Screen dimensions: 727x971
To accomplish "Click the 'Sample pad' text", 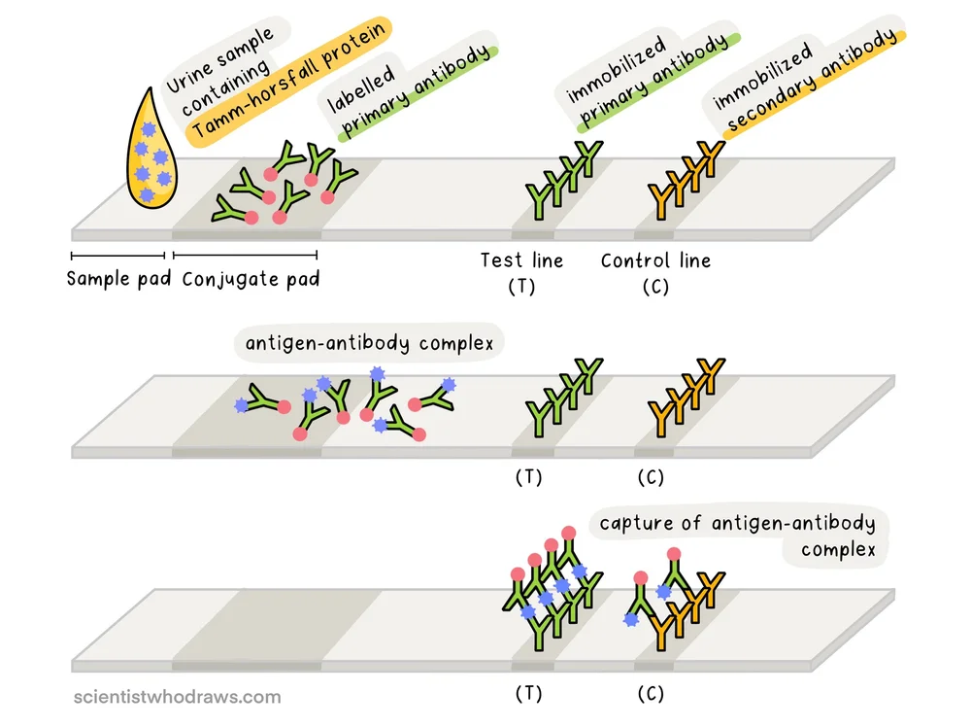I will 118,279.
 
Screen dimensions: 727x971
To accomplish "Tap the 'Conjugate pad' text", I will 251,279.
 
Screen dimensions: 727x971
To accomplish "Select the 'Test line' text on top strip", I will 521,260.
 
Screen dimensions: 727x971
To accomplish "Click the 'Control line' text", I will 655,260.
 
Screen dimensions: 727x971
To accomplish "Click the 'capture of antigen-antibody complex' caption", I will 737,536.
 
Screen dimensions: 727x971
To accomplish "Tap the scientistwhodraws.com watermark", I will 178,697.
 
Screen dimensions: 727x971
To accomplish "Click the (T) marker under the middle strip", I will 528,477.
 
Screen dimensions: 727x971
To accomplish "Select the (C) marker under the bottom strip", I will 652,694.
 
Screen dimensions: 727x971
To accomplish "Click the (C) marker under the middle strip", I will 652,477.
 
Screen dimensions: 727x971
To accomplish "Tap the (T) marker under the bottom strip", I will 528,694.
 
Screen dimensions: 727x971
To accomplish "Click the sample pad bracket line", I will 117,257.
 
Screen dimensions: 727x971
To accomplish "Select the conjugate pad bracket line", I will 245,257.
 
